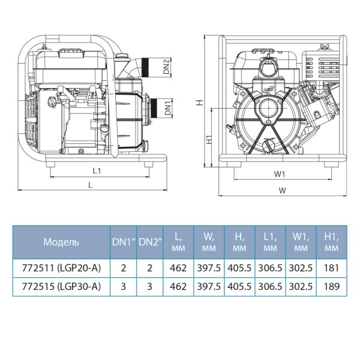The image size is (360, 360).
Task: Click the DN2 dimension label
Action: [x=167, y=66]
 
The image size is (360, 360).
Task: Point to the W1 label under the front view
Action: [x=279, y=175]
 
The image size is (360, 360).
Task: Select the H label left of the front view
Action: [x=200, y=103]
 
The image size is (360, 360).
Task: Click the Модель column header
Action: [x=61, y=242]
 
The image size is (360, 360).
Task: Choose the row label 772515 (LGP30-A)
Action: [x=61, y=287]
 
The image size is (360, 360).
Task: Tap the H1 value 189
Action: [x=330, y=287]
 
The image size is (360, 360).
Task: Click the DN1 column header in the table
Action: [x=123, y=242]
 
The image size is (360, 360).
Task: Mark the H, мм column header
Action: [x=239, y=242]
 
